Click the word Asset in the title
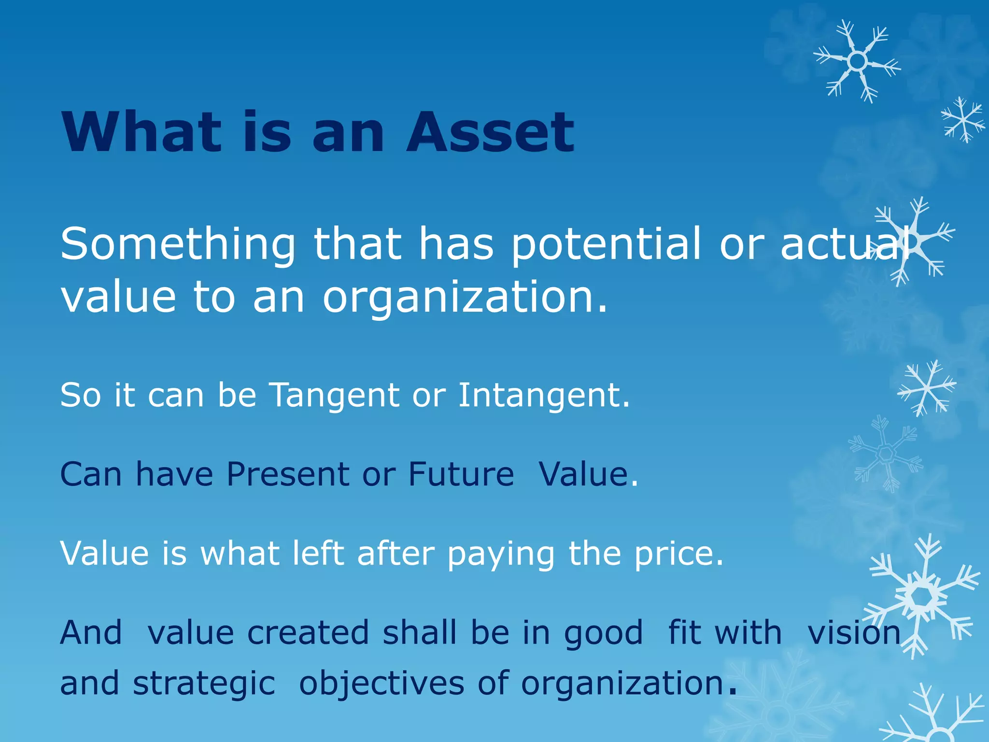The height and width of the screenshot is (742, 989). (490, 132)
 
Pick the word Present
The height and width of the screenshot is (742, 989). (288, 474)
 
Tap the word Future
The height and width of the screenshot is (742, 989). (461, 474)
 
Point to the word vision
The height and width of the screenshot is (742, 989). (854, 633)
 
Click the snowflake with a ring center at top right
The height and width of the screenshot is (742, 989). (857, 61)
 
